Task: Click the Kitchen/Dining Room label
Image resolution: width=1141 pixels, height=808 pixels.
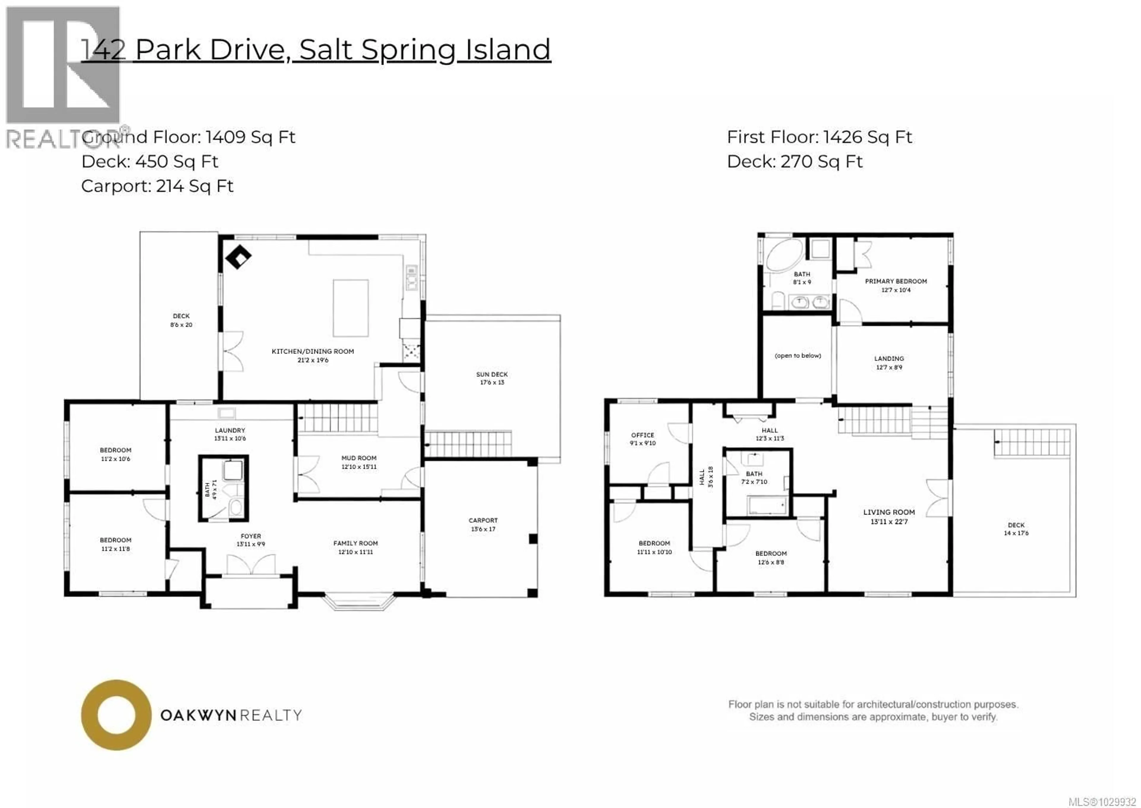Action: [x=312, y=351]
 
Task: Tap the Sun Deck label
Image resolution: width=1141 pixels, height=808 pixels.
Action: [x=491, y=374]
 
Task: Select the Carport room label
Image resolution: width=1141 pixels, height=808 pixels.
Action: [x=483, y=520]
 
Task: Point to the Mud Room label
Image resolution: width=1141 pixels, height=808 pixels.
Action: [x=359, y=458]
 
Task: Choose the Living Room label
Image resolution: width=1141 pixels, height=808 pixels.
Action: [x=888, y=512]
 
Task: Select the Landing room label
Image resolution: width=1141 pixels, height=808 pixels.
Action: [x=888, y=358]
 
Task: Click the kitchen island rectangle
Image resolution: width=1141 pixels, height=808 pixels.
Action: [x=351, y=308]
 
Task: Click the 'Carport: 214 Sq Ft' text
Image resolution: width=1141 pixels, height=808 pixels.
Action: [x=157, y=186]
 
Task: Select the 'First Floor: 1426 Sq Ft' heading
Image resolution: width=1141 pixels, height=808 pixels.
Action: [x=819, y=137]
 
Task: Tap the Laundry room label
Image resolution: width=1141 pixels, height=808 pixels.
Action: [x=230, y=430]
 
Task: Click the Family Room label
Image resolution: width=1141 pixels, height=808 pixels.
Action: [x=355, y=543]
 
